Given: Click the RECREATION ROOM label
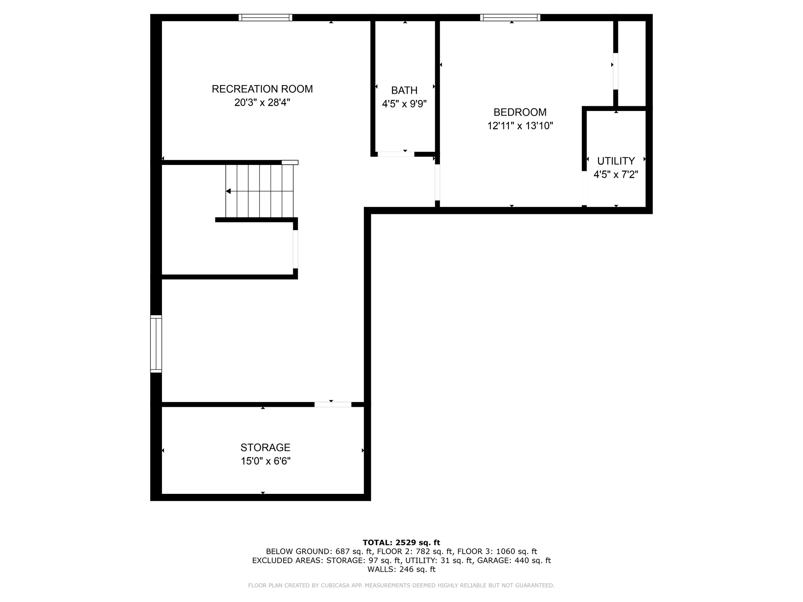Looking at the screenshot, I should pyautogui.click(x=262, y=89).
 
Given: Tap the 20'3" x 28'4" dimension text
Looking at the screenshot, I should pyautogui.click(x=262, y=103).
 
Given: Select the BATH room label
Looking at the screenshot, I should pyautogui.click(x=404, y=91).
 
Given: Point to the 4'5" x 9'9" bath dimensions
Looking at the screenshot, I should pyautogui.click(x=404, y=104).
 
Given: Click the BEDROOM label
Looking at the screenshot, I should pyautogui.click(x=520, y=112).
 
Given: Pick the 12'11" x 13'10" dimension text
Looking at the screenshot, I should pyautogui.click(x=520, y=126).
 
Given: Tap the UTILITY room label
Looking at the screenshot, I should pyautogui.click(x=616, y=161).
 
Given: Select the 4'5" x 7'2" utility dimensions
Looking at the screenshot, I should pyautogui.click(x=616, y=175).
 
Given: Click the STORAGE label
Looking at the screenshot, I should pyautogui.click(x=265, y=448).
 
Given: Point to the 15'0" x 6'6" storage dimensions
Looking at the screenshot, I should pyautogui.click(x=265, y=461).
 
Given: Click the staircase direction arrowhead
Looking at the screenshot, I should pyautogui.click(x=228, y=191).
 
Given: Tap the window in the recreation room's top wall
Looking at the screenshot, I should pyautogui.click(x=265, y=17).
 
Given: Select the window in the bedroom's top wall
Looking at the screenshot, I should pyautogui.click(x=510, y=17).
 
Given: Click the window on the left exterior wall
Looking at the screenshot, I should pyautogui.click(x=156, y=344).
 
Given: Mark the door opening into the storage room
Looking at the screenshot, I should pyautogui.click(x=332, y=404).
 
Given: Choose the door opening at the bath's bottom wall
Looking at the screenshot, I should pyautogui.click(x=396, y=154).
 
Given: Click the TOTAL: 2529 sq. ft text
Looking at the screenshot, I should pyautogui.click(x=401, y=543).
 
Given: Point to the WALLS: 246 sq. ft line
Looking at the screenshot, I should pyautogui.click(x=401, y=569).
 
